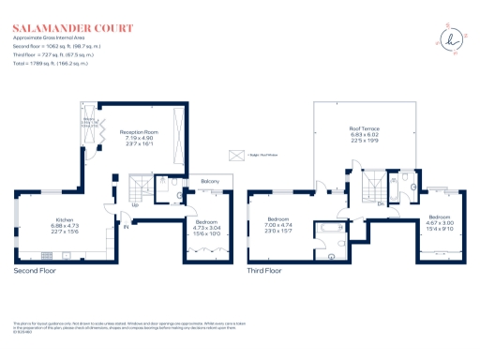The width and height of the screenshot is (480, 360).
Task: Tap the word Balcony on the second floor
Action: tap(210, 181)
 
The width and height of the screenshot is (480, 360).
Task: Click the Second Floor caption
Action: tap(37, 271)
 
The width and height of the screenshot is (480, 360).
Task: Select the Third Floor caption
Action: tap(264, 271)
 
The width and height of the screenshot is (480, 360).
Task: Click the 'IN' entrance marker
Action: tap(124, 224)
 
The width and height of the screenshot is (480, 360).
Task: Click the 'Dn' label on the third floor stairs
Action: tap(380, 202)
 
